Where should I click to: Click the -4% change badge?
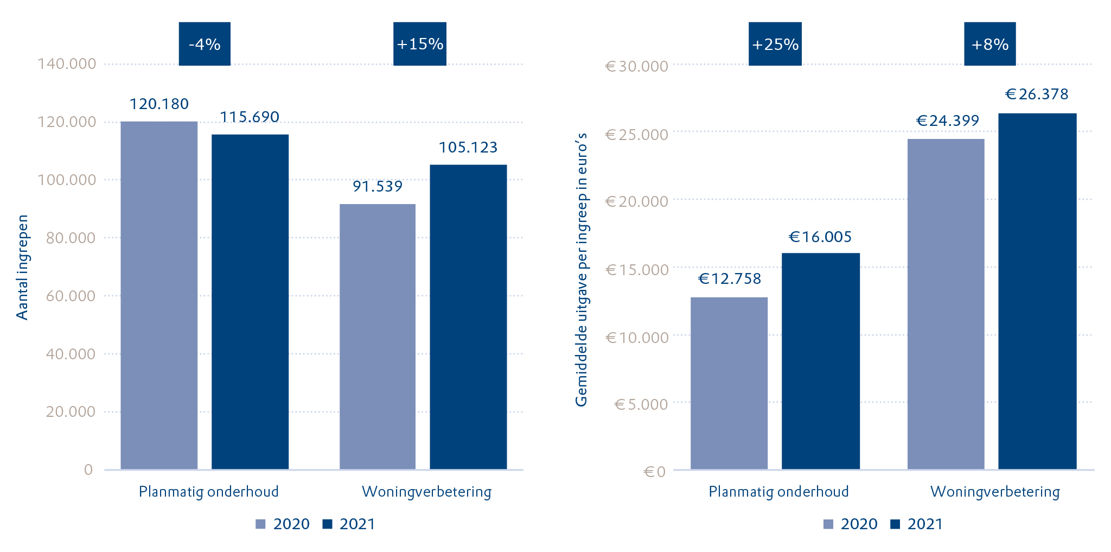pyautogui.click(x=205, y=44)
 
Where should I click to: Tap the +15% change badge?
pyautogui.click(x=420, y=44)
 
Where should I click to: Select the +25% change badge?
pyautogui.click(x=775, y=44)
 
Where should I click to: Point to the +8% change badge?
pyautogui.click(x=989, y=44)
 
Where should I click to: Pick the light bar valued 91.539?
pyautogui.click(x=378, y=337)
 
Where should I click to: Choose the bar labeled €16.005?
pyautogui.click(x=820, y=361)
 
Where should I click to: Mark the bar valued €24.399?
pyautogui.click(x=946, y=304)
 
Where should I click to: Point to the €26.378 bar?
pyautogui.click(x=1037, y=291)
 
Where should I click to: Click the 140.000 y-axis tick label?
pyautogui.click(x=67, y=64)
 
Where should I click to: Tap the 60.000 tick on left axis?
pyautogui.click(x=71, y=296)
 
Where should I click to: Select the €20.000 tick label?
pyautogui.click(x=637, y=201)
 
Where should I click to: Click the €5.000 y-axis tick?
pyautogui.click(x=641, y=404)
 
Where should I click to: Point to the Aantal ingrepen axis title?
pyautogui.click(x=22, y=268)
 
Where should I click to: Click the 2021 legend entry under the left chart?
pyautogui.click(x=349, y=524)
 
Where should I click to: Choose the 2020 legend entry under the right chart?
pyautogui.click(x=851, y=524)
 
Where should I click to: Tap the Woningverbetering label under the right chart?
pyautogui.click(x=995, y=492)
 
